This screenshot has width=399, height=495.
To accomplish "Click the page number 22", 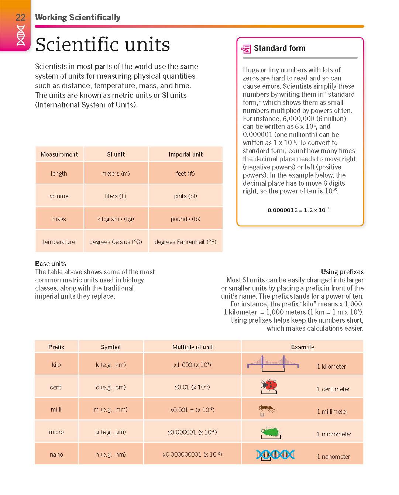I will point(20,17).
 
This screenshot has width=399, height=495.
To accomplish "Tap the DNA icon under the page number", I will point(21,35).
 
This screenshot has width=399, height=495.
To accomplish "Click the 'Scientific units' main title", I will point(102,45).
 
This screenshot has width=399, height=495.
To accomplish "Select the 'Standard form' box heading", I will point(279,48).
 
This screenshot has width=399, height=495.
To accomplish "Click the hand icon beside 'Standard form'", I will point(246,49).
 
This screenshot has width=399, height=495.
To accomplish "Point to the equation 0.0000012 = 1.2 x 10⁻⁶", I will point(298,210).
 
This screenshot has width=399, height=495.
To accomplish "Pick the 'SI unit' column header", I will point(116,154).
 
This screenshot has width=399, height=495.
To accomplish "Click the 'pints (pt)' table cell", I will point(185,196).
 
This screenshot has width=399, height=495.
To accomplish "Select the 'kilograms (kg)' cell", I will point(116,219).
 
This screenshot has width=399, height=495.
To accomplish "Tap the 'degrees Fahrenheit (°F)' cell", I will point(185,242).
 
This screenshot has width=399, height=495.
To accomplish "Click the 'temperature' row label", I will point(59,242).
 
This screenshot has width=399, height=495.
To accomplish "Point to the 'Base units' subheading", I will point(51,264).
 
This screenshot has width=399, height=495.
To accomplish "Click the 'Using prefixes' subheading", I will point(342,272).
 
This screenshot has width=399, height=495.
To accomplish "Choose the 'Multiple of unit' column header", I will point(192,347).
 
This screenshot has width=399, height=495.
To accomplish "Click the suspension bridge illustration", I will point(273,363).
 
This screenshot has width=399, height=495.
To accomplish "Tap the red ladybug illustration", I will point(269,385).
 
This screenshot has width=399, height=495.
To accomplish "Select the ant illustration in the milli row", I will point(267,409).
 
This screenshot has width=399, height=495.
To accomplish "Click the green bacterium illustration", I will point(271,432).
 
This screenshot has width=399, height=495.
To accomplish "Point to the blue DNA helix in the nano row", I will point(275,454).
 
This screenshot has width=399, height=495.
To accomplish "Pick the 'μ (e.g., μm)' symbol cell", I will point(111,432).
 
